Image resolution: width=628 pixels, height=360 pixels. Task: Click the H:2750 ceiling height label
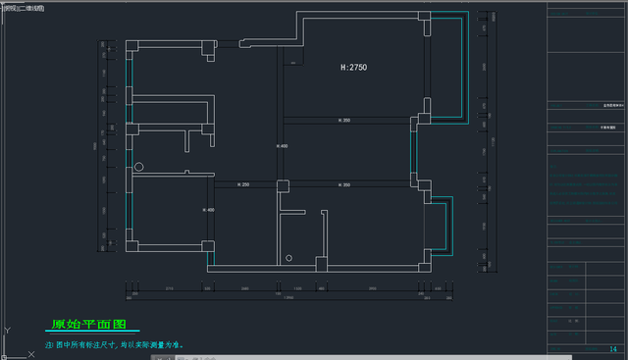tap(353, 68)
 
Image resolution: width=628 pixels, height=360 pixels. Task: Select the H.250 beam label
tap(244, 185)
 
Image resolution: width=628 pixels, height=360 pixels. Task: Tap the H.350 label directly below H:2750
tap(344, 121)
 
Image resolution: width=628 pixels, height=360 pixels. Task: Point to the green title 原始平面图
tap(89, 323)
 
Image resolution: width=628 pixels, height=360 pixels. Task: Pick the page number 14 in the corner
tap(612, 349)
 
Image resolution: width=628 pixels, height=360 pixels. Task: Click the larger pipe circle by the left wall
tap(139, 168)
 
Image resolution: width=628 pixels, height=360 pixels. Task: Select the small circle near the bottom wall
tap(288, 258)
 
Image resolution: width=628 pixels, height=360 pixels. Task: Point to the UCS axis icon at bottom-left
tap(8, 334)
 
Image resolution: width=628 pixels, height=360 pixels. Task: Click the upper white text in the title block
tap(613, 104)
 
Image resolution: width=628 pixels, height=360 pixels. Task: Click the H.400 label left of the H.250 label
tap(208, 210)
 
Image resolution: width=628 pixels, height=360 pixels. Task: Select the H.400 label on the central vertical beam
tap(283, 146)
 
